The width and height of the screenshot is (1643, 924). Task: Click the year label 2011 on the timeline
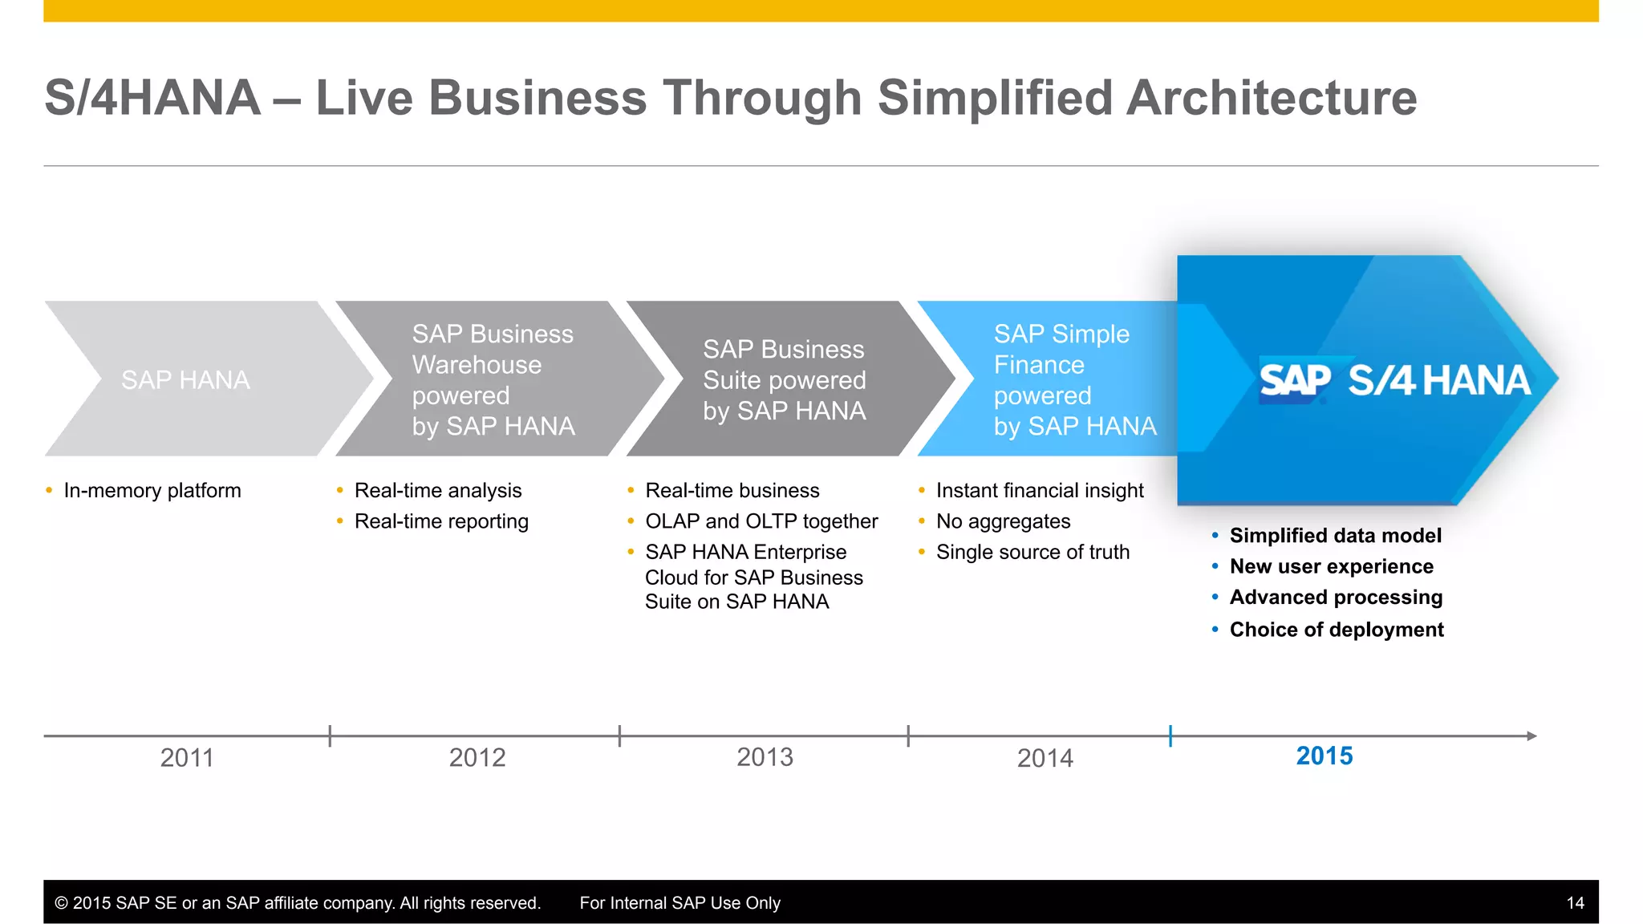(x=187, y=757)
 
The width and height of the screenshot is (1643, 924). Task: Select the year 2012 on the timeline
(x=477, y=757)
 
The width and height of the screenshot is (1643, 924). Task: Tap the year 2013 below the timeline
(x=765, y=756)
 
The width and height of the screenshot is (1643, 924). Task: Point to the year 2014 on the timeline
(x=1045, y=758)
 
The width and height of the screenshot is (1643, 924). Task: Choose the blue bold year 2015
(x=1325, y=756)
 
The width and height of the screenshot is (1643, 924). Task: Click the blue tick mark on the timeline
(x=1170, y=736)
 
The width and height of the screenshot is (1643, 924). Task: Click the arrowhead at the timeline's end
(x=1531, y=736)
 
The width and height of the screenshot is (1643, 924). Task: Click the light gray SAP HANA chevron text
(x=185, y=379)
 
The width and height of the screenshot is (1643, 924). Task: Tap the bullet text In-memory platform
(x=152, y=490)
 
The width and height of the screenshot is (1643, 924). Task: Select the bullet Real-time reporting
(x=441, y=521)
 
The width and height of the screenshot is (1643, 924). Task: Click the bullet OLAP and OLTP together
(x=761, y=521)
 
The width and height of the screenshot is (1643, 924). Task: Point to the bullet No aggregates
(x=1003, y=521)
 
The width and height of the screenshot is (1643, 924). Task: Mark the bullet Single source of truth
(x=1032, y=552)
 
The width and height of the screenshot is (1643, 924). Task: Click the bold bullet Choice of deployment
(x=1337, y=630)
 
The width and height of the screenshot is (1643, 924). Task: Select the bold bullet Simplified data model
(x=1335, y=535)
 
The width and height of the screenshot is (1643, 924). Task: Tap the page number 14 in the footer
(x=1575, y=903)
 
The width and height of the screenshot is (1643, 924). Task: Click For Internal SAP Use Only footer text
(x=680, y=903)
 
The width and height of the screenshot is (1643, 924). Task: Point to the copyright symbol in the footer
(x=61, y=903)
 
